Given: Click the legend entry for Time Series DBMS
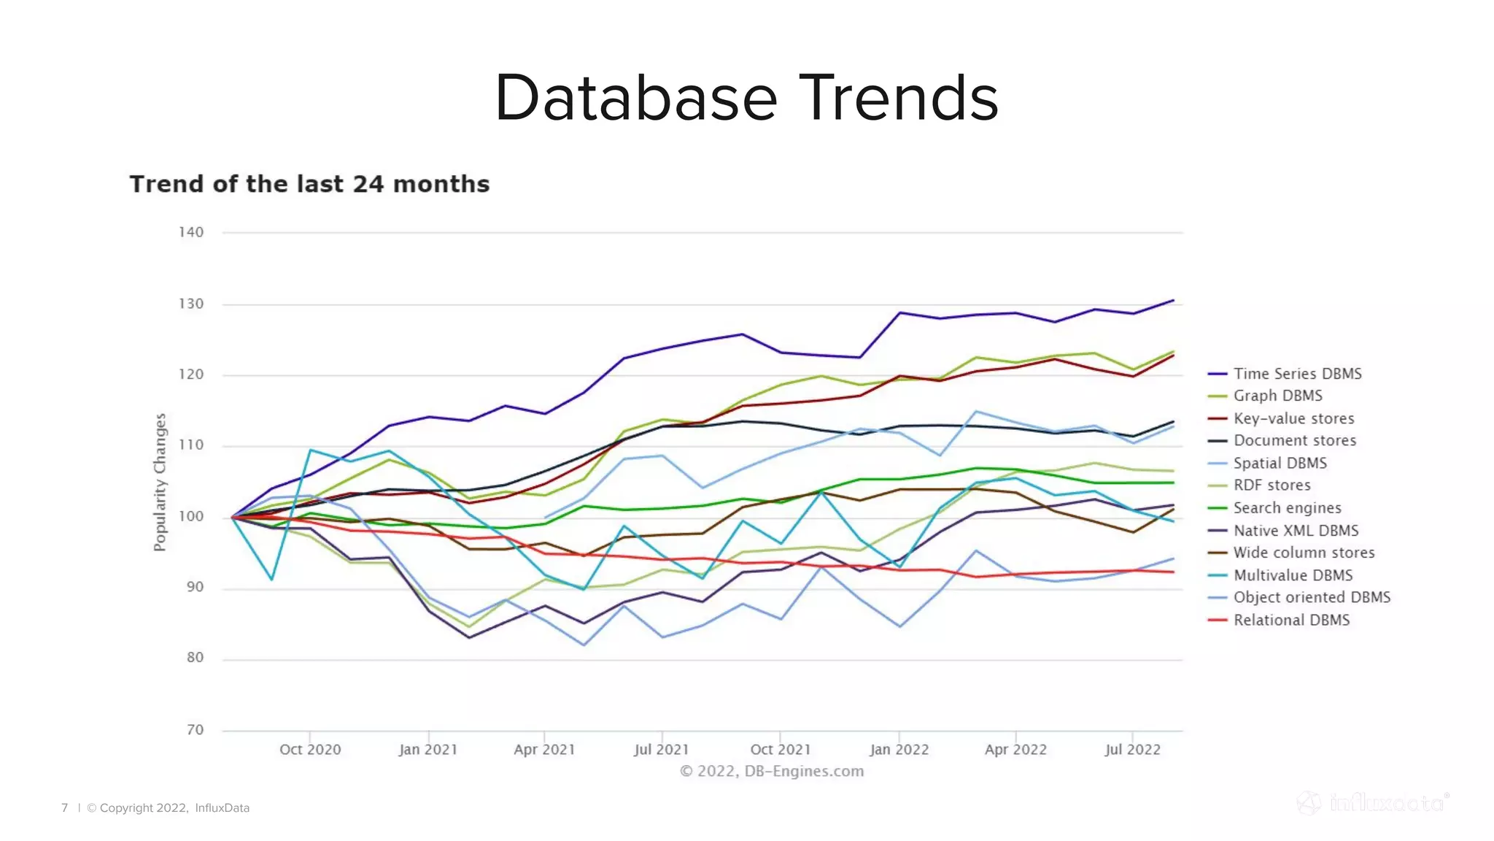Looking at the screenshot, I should [1296, 374].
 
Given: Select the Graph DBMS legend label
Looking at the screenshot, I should [1277, 396].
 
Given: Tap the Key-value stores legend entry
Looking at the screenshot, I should [1293, 418].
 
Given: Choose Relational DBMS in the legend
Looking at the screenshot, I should [1291, 620].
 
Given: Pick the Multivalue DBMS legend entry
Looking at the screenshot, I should [1293, 575].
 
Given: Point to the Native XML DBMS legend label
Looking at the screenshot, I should [1296, 531].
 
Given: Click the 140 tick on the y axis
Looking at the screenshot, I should [191, 232].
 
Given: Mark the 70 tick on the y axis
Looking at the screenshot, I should [195, 729].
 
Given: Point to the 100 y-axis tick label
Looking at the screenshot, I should [191, 516].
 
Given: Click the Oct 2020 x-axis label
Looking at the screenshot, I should [310, 750].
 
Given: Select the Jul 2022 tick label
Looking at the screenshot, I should [1132, 750].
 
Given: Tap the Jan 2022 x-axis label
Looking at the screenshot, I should [899, 750].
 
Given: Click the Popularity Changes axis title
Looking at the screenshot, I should [160, 482].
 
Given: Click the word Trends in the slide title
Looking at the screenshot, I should [899, 99].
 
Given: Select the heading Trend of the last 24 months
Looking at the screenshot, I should [309, 184].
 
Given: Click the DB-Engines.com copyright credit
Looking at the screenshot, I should [772, 772].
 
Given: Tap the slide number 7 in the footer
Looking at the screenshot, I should [65, 807].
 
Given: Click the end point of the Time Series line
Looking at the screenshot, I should [1173, 300].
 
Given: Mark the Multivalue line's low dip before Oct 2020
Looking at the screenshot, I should [272, 580].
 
